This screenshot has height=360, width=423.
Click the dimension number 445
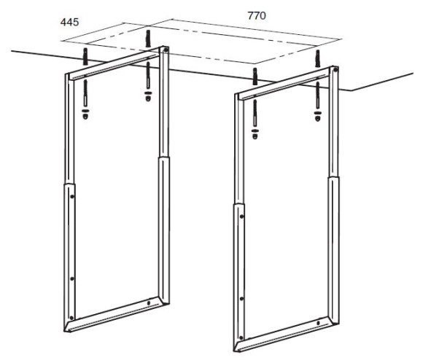(x=69, y=22)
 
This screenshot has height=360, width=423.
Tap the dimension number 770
(x=257, y=15)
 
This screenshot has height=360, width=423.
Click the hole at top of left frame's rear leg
(x=166, y=50)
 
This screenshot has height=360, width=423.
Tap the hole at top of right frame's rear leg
(x=335, y=70)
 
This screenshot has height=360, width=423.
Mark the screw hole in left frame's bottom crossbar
(x=148, y=303)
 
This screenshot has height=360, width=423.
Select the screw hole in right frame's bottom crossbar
(x=318, y=323)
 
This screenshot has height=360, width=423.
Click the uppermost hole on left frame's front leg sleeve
(x=72, y=197)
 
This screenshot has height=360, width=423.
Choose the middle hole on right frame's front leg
(x=241, y=299)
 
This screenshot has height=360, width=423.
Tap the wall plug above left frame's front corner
(x=85, y=57)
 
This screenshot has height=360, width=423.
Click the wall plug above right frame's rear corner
(x=318, y=58)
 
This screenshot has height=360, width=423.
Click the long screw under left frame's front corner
(x=85, y=93)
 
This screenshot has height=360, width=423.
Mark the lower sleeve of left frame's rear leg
(x=164, y=230)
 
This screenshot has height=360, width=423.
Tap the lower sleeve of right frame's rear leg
(x=334, y=250)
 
